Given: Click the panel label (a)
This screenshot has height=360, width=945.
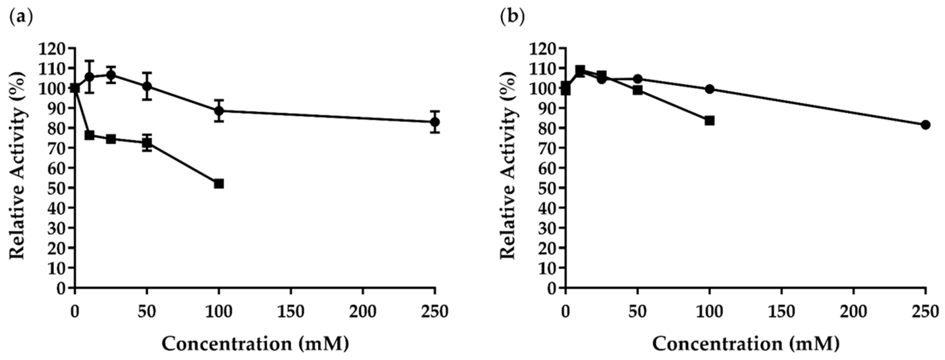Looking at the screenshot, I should coord(21,17).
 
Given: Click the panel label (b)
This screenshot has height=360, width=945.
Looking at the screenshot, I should coord(512,17).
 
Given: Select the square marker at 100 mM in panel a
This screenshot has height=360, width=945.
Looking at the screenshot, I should coord(219,184).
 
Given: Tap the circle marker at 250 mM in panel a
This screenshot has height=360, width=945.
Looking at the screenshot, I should coord(435,122).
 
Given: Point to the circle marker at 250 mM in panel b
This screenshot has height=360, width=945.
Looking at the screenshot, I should coord(925,125).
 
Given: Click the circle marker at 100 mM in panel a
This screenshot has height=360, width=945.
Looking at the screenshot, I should coord(219,111).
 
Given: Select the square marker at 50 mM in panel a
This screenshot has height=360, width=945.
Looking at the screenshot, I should coord(147,143).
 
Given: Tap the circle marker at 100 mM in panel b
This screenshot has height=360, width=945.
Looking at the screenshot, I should coord(709,89).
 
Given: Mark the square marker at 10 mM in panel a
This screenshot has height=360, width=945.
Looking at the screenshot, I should coord(89,135).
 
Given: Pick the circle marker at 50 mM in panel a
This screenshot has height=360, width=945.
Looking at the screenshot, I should coord(147,87).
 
